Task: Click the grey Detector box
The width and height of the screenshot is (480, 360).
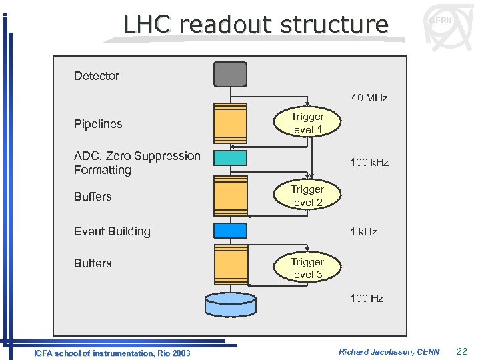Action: pyautogui.click(x=230, y=74)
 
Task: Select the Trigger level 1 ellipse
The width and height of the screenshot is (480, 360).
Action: pyautogui.click(x=307, y=123)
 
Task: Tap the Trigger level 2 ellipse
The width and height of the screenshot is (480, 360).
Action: pyautogui.click(x=307, y=196)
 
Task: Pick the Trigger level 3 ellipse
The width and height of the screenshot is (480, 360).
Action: pyautogui.click(x=307, y=268)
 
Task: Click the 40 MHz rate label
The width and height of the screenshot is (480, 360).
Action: pyautogui.click(x=369, y=98)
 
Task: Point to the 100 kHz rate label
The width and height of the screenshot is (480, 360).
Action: pyautogui.click(x=369, y=163)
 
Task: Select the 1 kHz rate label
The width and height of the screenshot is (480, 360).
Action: pyautogui.click(x=364, y=232)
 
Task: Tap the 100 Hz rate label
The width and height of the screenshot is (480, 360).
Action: pyautogui.click(x=367, y=299)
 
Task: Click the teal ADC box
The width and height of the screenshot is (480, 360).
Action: pyautogui.click(x=230, y=157)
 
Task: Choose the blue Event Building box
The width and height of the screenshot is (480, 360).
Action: pyautogui.click(x=230, y=231)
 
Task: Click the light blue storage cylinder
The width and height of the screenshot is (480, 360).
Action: pyautogui.click(x=230, y=304)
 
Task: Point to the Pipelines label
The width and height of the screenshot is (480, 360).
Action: pyautogui.click(x=98, y=124)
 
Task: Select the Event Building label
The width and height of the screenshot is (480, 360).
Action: pyautogui.click(x=112, y=231)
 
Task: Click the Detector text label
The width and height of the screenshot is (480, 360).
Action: pyautogui.click(x=97, y=76)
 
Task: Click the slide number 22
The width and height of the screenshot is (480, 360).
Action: pyautogui.click(x=462, y=351)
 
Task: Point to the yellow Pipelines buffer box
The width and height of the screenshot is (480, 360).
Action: pyautogui.click(x=230, y=123)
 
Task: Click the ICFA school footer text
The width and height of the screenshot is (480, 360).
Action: pyautogui.click(x=112, y=353)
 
